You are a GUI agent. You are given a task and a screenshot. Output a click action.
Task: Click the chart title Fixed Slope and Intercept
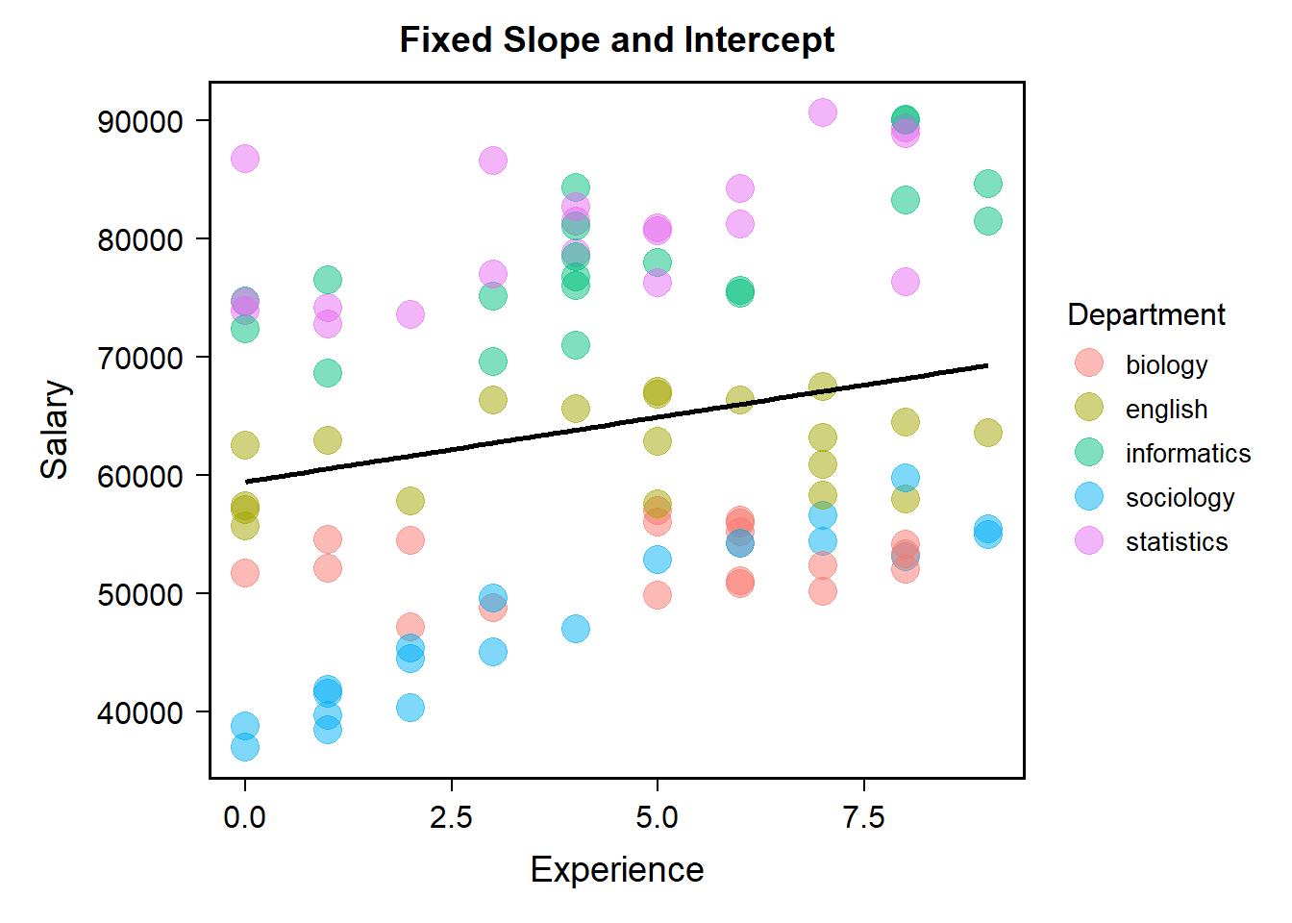coord(616,40)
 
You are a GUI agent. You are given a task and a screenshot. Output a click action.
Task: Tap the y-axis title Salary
coord(55,430)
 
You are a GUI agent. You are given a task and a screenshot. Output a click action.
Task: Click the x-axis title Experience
coord(616,869)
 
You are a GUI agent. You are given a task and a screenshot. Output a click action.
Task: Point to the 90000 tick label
coord(139,122)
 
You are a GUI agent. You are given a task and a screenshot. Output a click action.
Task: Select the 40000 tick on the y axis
coord(139,713)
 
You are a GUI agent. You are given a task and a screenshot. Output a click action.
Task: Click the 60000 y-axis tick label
coord(139,477)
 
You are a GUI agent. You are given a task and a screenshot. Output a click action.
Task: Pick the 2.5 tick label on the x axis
coord(451,817)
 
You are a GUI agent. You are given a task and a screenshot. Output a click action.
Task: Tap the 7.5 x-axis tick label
coord(863,817)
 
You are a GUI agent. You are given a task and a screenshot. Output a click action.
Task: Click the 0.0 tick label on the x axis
coord(245,817)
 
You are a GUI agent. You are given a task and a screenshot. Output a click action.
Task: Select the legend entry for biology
coord(1166,364)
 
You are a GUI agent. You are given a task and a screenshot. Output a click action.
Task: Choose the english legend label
coord(1166,409)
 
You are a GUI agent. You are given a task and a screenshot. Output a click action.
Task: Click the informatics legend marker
coord(1089,453)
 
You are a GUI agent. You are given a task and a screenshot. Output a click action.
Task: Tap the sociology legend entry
coord(1180,497)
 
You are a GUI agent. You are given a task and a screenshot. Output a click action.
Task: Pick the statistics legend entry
coord(1177,541)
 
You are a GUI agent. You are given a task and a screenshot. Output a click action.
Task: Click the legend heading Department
coord(1146,314)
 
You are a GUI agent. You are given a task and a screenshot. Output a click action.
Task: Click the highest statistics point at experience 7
coord(822,112)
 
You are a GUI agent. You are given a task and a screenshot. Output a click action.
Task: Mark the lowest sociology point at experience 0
coord(245,746)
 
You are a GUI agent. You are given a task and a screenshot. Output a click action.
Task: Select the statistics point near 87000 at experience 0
coord(245,159)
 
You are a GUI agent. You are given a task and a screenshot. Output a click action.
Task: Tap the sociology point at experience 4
coord(575,629)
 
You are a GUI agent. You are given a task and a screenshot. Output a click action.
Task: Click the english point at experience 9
coord(987,433)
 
